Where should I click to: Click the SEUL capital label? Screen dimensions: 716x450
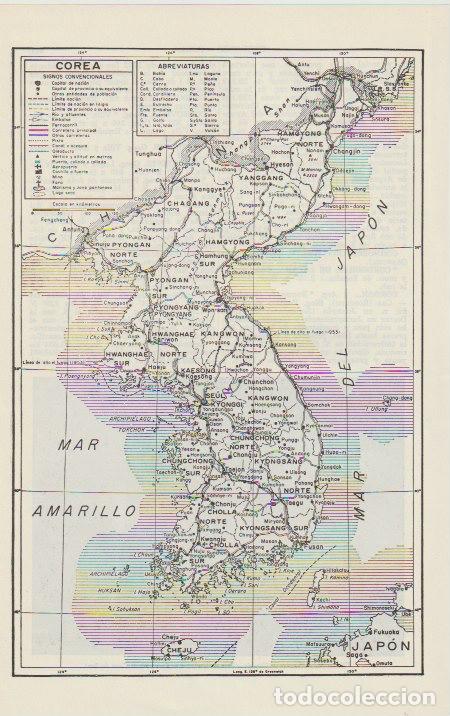point(219,397)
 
